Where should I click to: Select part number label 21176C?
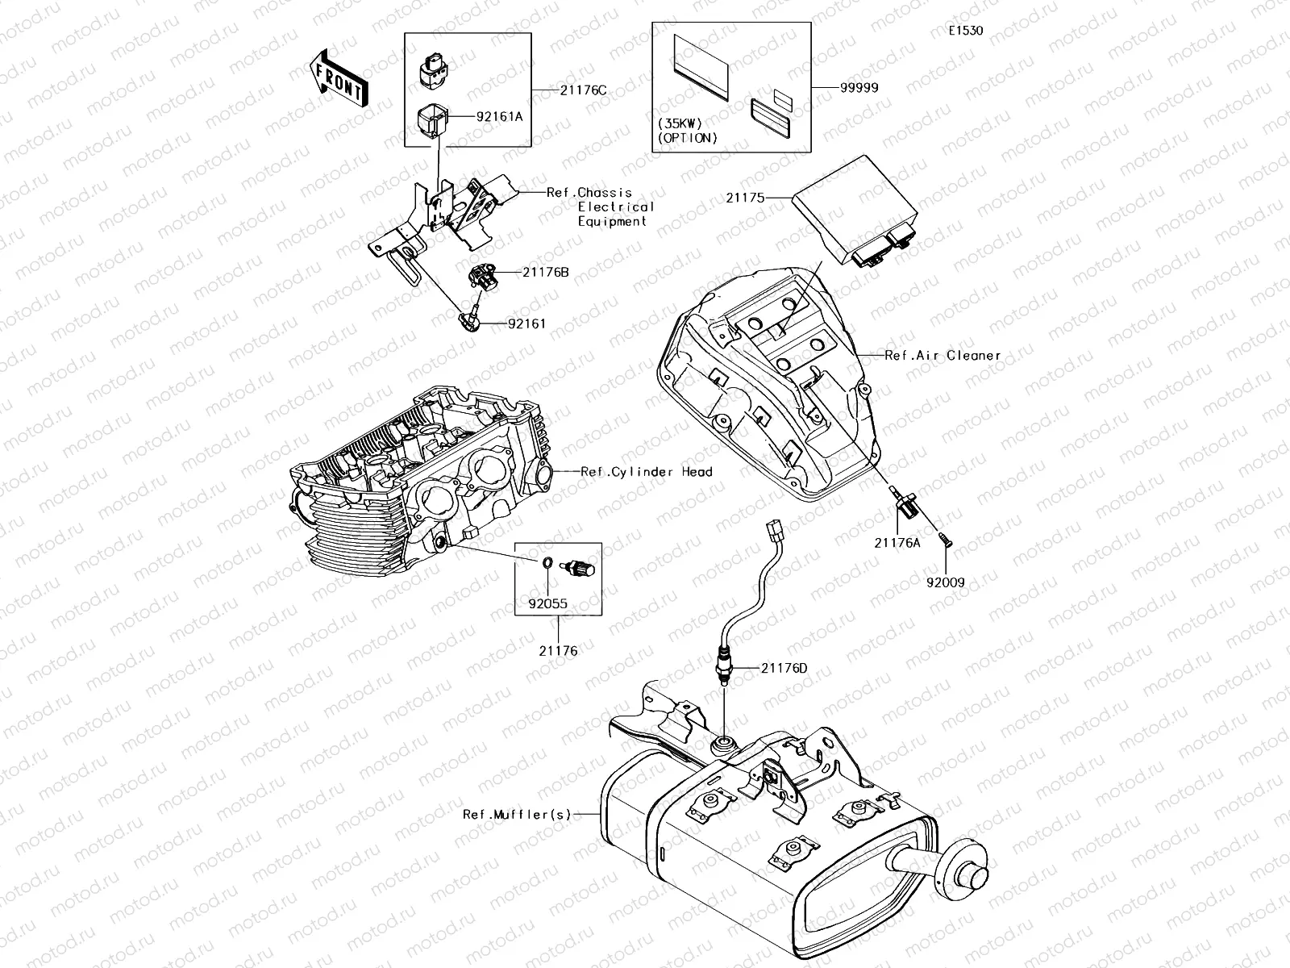click(583, 90)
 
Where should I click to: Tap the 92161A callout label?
click(499, 116)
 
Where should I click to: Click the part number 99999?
click(859, 88)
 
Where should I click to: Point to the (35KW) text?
click(680, 123)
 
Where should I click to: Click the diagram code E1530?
click(965, 31)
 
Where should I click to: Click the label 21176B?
click(545, 273)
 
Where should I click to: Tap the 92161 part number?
click(526, 323)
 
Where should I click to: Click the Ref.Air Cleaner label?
click(943, 355)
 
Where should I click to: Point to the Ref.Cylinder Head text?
click(647, 471)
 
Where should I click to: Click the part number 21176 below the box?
click(558, 650)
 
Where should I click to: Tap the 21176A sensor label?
click(897, 543)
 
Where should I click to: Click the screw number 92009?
click(945, 582)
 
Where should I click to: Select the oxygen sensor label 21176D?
click(784, 668)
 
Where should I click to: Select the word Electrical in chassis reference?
click(616, 207)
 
